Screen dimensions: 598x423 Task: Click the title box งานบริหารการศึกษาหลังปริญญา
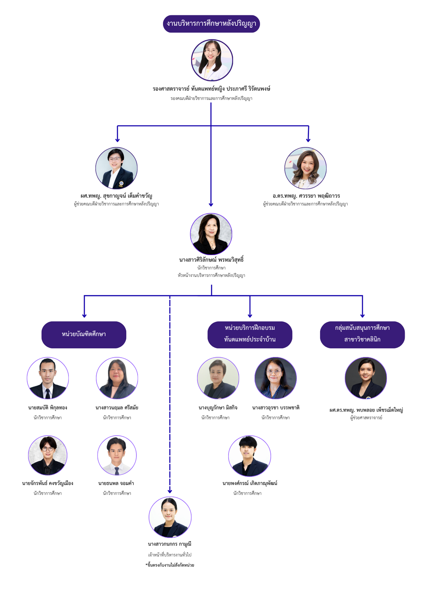[x=211, y=24]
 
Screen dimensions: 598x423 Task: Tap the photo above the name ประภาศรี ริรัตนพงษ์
[x=212, y=60]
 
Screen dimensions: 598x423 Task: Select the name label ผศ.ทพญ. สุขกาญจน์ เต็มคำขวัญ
[x=116, y=196]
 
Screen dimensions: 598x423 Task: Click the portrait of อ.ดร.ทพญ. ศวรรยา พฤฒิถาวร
[x=305, y=168]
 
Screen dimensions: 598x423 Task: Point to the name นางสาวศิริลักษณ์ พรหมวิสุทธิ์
[x=211, y=260]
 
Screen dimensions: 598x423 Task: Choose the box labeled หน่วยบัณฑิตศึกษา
[x=84, y=334]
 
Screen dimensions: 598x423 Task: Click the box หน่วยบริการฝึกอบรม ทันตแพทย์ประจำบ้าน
[x=249, y=334]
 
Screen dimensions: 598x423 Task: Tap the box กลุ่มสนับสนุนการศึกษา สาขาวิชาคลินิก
[x=362, y=334]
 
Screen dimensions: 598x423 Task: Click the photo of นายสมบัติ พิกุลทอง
[x=48, y=378]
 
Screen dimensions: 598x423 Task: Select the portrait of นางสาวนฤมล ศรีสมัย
[x=117, y=378]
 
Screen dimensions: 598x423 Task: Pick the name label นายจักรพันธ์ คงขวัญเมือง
[x=48, y=483]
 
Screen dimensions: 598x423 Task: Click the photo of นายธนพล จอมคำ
[x=117, y=455]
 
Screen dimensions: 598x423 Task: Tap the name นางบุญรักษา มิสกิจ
[x=218, y=408]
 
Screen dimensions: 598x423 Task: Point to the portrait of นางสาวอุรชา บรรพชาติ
[x=275, y=378]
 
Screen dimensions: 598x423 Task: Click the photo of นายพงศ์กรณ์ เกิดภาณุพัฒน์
[x=249, y=456]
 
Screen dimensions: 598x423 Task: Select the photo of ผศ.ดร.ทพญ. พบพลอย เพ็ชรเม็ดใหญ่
[x=366, y=378]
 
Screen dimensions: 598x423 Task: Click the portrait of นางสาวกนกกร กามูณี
[x=170, y=517]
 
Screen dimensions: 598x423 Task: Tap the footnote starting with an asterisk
[x=170, y=565]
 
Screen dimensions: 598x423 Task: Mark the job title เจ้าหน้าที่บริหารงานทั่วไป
[x=170, y=554]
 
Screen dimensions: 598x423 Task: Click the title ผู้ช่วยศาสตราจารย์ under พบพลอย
[x=366, y=418]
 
